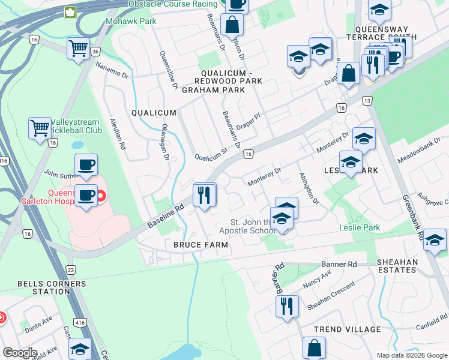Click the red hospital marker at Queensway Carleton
101,195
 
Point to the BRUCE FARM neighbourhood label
200,245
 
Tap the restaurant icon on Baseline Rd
204,196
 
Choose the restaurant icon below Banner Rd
286,306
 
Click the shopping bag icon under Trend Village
314,348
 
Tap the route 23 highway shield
71,270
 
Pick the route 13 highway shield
367,101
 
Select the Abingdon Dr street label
307,188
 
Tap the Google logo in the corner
20,353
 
